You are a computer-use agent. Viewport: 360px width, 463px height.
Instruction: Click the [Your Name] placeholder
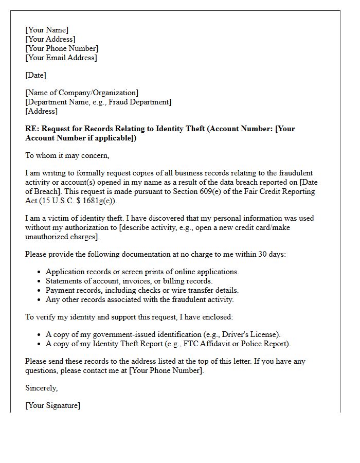pyautogui.click(x=47, y=30)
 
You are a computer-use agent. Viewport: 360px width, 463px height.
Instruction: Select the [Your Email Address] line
pyautogui.click(x=61, y=58)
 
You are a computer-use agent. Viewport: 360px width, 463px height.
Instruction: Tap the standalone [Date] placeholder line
pyautogui.click(x=35, y=75)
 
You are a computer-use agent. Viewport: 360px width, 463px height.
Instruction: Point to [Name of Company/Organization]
pyautogui.click(x=82, y=93)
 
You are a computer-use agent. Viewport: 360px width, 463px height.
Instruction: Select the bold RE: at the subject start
pyautogui.click(x=32, y=129)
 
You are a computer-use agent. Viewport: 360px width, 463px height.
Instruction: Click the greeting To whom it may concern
pyautogui.click(x=67, y=155)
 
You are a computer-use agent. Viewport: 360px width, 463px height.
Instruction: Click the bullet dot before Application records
pyautogui.click(x=40, y=272)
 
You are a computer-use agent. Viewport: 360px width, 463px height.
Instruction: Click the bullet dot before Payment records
pyautogui.click(x=40, y=291)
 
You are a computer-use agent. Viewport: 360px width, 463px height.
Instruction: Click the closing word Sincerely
pyautogui.click(x=41, y=388)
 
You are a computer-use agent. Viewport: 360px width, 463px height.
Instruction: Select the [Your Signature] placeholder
pyautogui.click(x=52, y=405)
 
